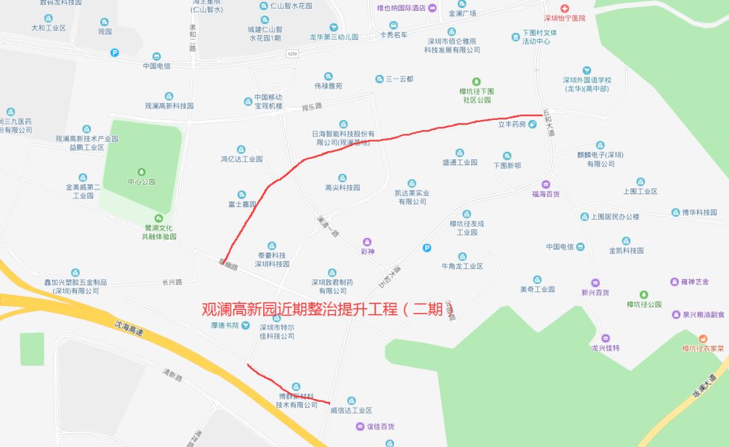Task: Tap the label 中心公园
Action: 141,182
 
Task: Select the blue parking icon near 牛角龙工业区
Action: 426,248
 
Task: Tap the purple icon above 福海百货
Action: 545,184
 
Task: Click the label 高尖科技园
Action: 343,187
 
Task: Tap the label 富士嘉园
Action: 242,204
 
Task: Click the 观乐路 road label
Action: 312,107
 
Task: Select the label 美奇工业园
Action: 537,289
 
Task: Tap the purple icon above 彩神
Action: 367,241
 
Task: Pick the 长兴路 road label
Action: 172,282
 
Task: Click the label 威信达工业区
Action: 351,410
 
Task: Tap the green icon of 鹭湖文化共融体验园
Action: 159,218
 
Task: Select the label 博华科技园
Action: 699,212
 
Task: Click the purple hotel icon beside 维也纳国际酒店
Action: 433,8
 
